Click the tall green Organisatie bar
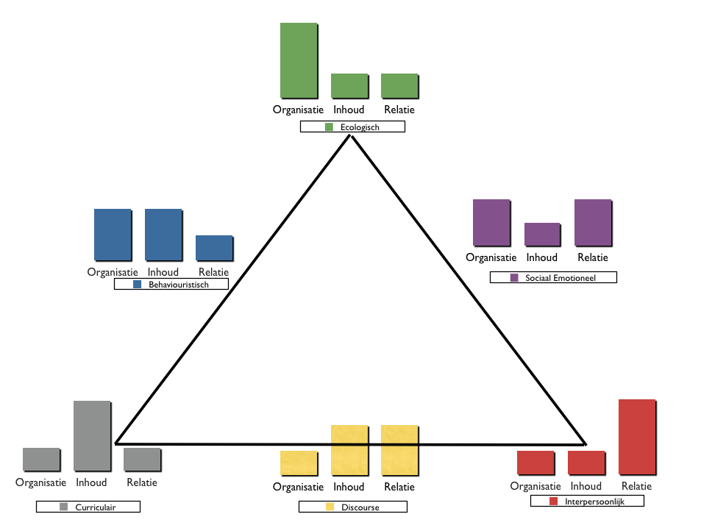tap(299, 60)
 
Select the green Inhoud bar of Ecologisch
tap(349, 85)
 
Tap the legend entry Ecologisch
tap(352, 127)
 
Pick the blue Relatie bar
tap(214, 248)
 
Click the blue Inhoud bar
tap(163, 235)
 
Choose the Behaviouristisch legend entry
tap(171, 284)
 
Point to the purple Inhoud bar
tap(542, 234)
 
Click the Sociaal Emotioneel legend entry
tap(553, 277)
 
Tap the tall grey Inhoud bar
tap(92, 435)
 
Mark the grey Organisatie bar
tap(41, 459)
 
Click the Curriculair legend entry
tap(88, 507)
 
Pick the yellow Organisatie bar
tap(299, 462)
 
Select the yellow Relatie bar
tap(399, 449)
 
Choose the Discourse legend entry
tap(352, 507)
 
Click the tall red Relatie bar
tap(637, 436)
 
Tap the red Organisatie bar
tap(535, 463)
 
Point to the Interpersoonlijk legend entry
tap(587, 501)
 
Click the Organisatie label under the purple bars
tap(491, 257)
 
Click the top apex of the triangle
tap(351, 136)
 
